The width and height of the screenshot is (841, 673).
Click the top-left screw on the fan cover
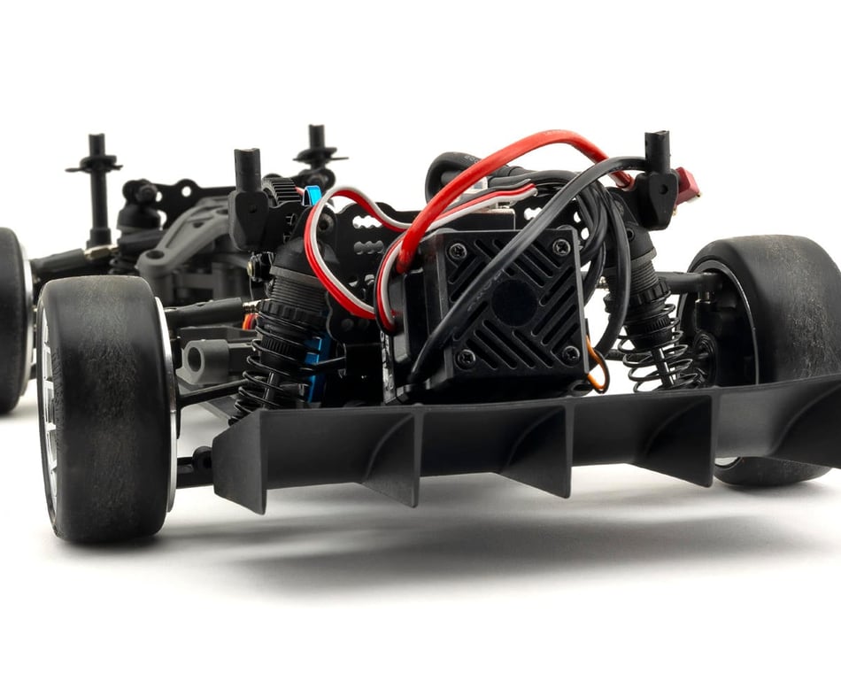click(x=458, y=251)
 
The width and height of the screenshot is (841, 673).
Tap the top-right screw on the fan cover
click(x=560, y=248)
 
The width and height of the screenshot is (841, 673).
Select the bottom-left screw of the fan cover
click(x=467, y=357)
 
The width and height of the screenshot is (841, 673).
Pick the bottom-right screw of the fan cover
click(x=570, y=352)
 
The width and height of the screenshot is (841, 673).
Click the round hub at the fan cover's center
click(x=513, y=304)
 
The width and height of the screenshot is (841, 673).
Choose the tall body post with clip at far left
click(x=96, y=186)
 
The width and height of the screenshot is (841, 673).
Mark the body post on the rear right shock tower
click(x=657, y=159)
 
